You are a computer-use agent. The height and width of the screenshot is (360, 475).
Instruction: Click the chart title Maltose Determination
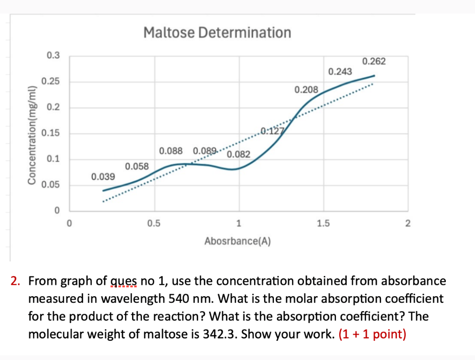(x=217, y=32)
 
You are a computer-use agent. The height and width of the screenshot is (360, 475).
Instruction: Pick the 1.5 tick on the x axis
(x=323, y=223)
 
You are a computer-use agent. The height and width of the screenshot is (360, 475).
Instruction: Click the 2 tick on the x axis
(x=407, y=223)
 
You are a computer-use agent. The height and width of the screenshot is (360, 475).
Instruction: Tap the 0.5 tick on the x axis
(x=154, y=223)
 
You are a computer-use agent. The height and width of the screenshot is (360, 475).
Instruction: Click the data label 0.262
(x=374, y=61)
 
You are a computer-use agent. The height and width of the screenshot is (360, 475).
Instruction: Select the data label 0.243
(x=340, y=71)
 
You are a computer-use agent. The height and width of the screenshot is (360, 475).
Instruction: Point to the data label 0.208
(x=306, y=89)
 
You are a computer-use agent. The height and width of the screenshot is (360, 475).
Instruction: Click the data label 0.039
(x=102, y=177)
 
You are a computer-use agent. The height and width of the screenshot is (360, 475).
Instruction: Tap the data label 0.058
(x=137, y=167)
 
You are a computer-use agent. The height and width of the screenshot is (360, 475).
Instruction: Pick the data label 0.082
(x=239, y=154)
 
